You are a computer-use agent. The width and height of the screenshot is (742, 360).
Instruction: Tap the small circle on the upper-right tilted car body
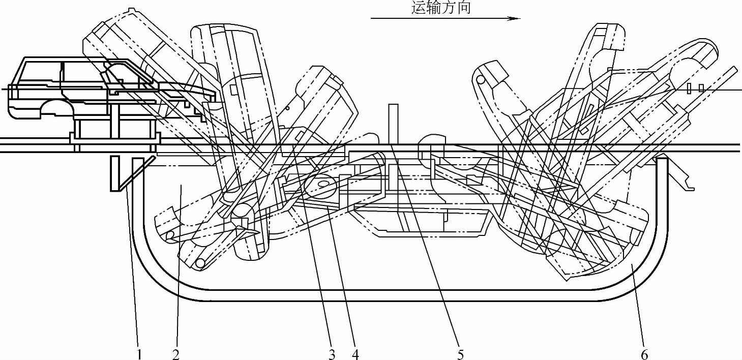[x=480, y=79]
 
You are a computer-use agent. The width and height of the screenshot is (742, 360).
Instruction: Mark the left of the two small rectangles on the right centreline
[x=689, y=88]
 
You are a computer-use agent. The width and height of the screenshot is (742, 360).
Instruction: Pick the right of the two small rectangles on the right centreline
[x=701, y=88]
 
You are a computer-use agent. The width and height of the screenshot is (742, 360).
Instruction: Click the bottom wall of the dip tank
[x=397, y=295]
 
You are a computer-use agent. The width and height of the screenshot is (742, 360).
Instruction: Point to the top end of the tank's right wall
[x=661, y=159]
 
